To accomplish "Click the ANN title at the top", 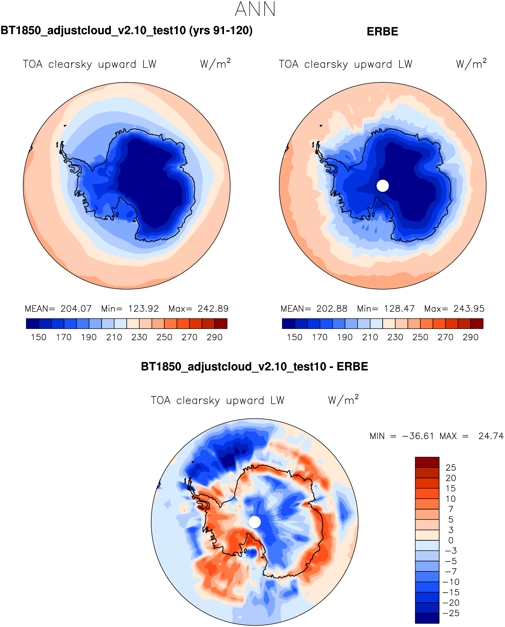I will coord(255,9).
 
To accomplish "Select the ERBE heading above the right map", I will coord(382,31).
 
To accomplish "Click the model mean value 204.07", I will coord(76,308).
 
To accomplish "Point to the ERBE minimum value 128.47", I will coord(399,308).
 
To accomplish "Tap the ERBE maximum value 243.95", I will coord(469,308).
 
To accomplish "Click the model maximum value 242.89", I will coord(213,308).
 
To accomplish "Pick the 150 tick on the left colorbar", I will coord(39,337).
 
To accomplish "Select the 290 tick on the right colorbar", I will coord(470,337).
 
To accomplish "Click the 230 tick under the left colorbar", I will coord(139,337).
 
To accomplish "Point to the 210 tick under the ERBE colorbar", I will coord(370,337).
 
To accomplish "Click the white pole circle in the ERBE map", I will coord(383,186).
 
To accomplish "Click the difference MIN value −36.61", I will coord(418,436).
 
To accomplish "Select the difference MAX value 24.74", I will coord(491,436).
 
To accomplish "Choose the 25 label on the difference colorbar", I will coord(451,468).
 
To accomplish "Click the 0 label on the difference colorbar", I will coord(451,540).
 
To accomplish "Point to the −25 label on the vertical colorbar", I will coord(451,613).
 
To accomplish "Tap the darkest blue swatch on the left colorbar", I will coord(32,324).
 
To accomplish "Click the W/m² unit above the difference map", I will coord(343,400).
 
